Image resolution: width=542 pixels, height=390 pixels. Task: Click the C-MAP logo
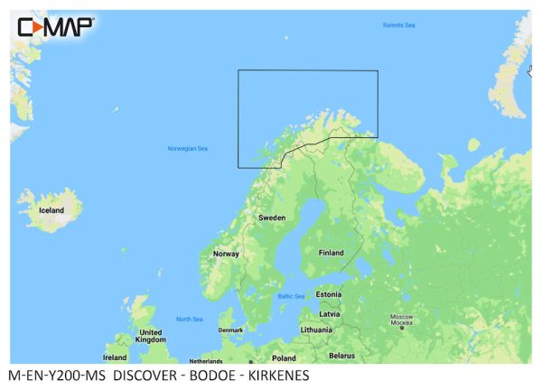55,26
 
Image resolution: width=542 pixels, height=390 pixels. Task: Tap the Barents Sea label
399,24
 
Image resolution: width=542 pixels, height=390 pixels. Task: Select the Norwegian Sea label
187,148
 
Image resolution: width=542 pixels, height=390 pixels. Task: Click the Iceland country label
51,210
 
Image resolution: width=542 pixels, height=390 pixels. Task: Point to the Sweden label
272,218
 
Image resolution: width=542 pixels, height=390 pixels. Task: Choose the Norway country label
226,254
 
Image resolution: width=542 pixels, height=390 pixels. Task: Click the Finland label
331,253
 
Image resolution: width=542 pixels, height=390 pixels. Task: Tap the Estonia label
329,294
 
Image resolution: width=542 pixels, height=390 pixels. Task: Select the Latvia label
330,313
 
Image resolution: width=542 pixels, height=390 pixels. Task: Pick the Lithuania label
317,330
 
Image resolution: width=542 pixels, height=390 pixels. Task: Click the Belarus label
341,356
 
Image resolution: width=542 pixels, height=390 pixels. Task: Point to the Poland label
285,357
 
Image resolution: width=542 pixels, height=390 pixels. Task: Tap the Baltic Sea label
291,296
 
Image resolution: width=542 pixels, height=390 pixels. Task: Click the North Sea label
189,319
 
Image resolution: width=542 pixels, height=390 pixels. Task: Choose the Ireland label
115,357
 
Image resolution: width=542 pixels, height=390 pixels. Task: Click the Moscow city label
400,318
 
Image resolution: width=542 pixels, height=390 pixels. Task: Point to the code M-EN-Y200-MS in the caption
56,375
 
